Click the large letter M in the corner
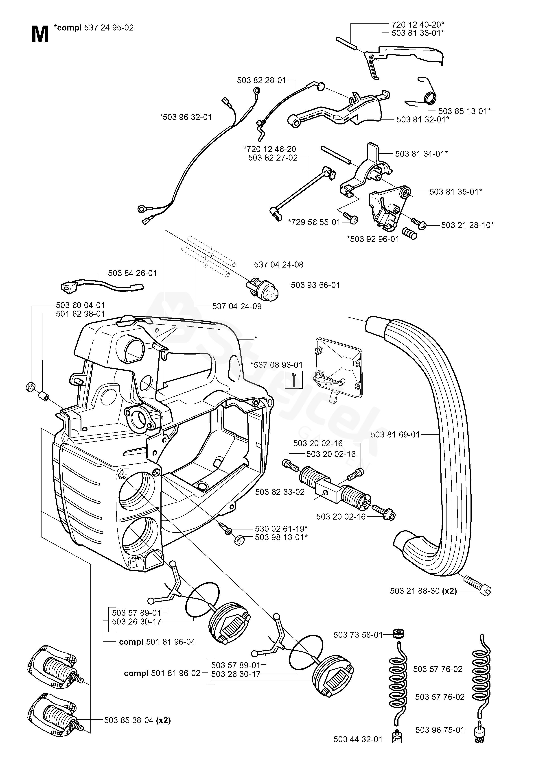click(40, 34)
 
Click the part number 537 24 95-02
click(109, 28)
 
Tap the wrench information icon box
click(294, 379)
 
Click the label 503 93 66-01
click(315, 285)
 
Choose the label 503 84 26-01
click(132, 273)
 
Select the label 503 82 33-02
click(280, 492)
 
